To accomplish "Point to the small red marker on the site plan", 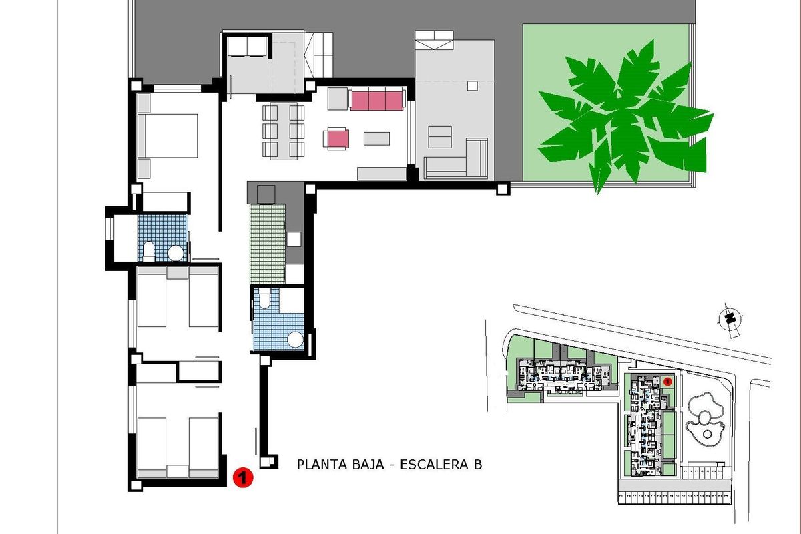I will pyautogui.click(x=667, y=381).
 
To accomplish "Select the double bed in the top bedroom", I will pyautogui.click(x=168, y=136).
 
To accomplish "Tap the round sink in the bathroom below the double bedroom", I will pyautogui.click(x=176, y=253).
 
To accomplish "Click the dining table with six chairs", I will pyautogui.click(x=284, y=131).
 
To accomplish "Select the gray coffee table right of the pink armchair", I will pyautogui.click(x=377, y=138).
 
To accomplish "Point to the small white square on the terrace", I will pyautogui.click(x=473, y=85).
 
